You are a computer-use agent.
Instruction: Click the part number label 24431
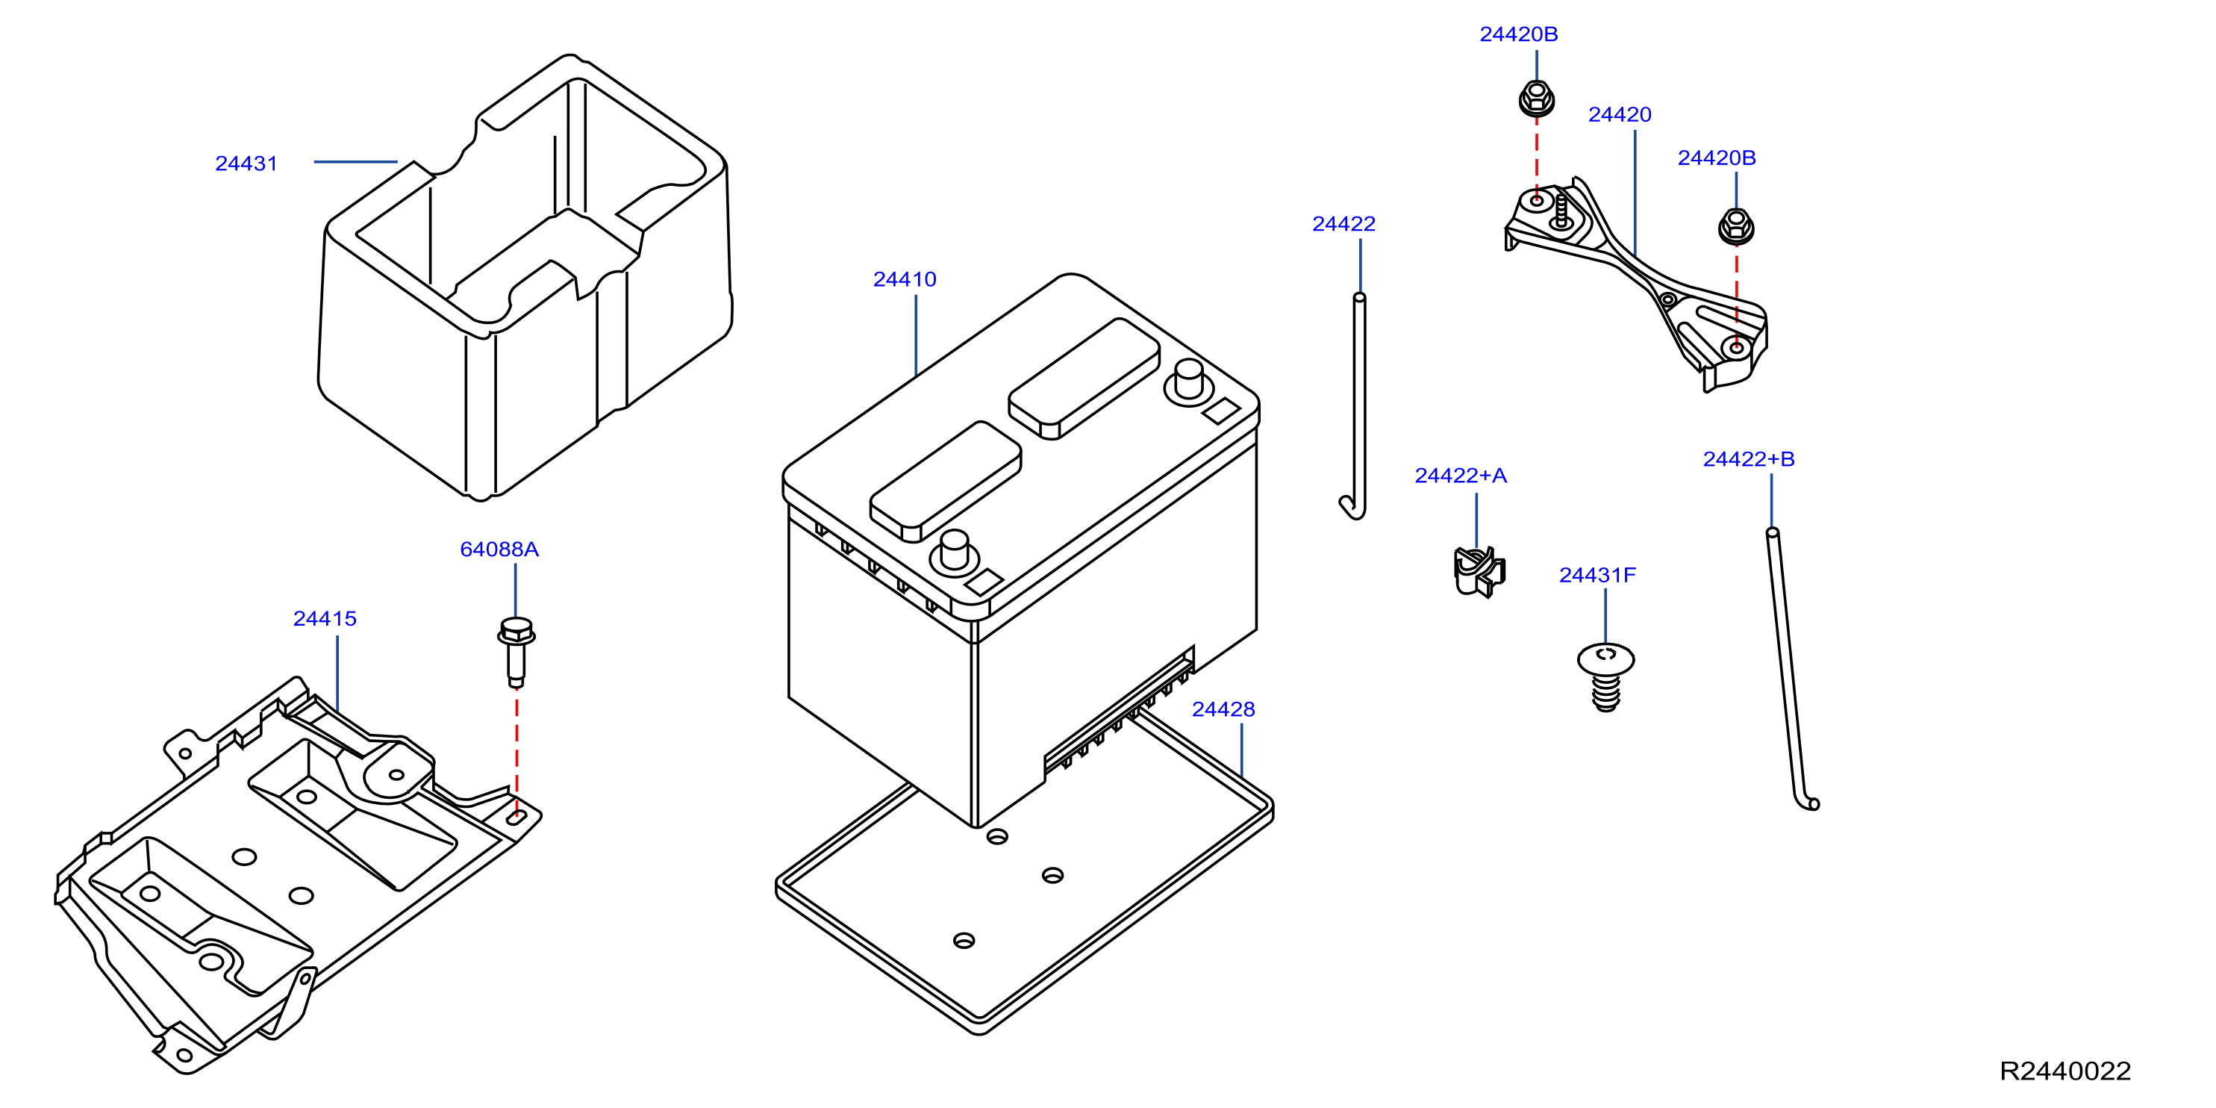click(x=246, y=164)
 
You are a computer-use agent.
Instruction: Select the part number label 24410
click(x=904, y=279)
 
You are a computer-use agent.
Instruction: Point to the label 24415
click(x=325, y=618)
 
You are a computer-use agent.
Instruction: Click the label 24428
click(x=1223, y=710)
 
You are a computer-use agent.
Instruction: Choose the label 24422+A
click(x=1461, y=476)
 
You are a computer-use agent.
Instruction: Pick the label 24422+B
click(x=1749, y=459)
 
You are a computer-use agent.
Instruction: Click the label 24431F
click(x=1597, y=576)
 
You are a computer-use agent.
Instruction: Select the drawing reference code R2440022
click(x=2065, y=1071)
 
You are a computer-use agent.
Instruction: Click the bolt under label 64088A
click(x=516, y=651)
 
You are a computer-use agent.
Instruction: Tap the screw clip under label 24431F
click(x=1605, y=677)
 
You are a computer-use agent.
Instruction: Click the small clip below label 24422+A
click(x=1479, y=571)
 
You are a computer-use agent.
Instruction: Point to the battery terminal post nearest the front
click(x=955, y=553)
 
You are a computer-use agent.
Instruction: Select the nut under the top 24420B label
click(x=1536, y=98)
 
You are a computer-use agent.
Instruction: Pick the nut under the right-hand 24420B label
click(x=1736, y=225)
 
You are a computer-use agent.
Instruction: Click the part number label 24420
click(x=1620, y=114)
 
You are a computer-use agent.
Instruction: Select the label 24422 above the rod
click(x=1343, y=224)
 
